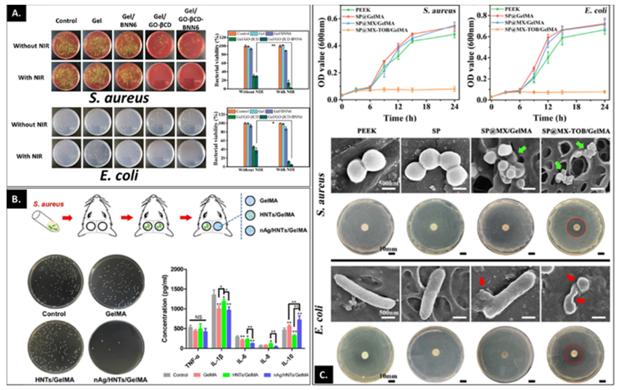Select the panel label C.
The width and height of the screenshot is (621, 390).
[323, 375]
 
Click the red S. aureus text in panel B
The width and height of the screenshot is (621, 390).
[48, 204]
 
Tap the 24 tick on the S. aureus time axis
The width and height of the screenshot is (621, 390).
[454, 106]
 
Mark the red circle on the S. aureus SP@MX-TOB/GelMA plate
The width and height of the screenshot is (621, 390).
[576, 227]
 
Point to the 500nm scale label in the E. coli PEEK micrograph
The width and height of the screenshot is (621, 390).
[389, 313]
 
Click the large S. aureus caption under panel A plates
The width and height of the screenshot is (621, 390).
[119, 98]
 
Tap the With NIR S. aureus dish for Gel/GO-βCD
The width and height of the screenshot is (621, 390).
[160, 77]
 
